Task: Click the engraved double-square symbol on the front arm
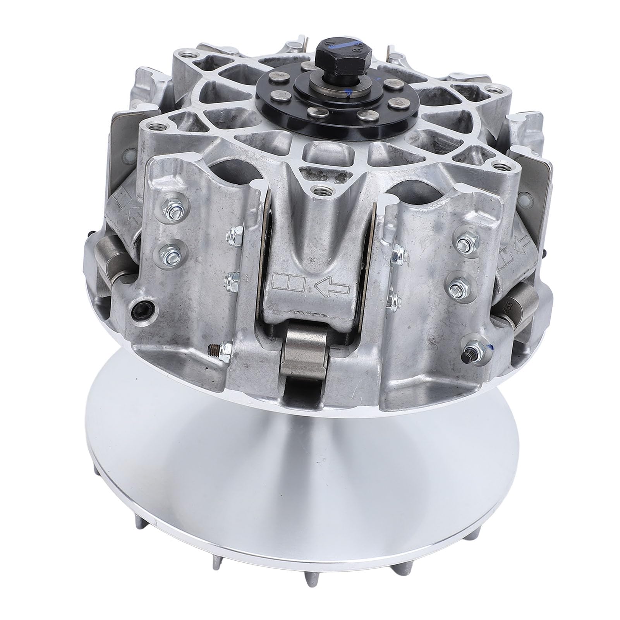click(289, 280)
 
